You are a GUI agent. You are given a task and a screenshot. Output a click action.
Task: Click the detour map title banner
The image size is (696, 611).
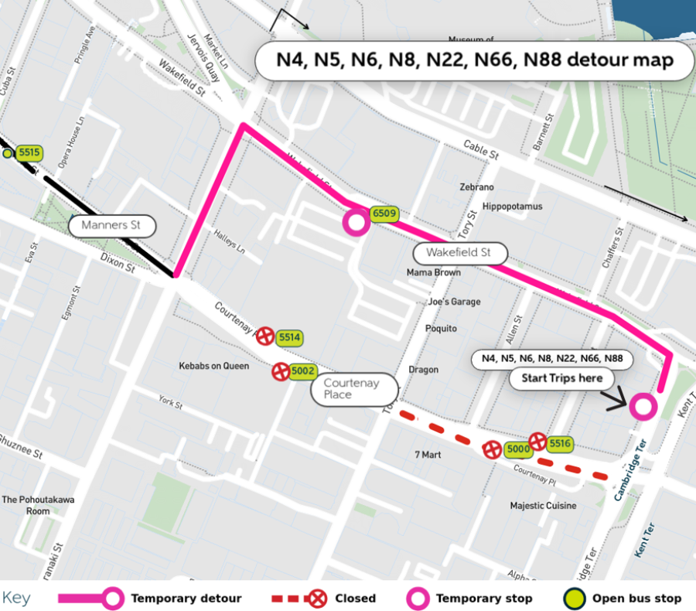coord(475,60)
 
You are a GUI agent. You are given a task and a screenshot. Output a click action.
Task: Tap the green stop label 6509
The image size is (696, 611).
coord(383,213)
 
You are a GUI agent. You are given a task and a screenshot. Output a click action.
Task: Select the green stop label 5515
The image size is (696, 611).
coord(29,153)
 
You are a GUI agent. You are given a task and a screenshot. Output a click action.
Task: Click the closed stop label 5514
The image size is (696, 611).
coord(289,337)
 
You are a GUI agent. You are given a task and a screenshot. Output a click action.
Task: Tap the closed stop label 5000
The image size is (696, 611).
coord(517,449)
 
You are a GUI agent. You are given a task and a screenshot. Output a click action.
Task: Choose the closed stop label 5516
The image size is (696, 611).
coord(560,443)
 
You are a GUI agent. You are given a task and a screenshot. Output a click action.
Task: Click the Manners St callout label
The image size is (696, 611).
coord(112,227)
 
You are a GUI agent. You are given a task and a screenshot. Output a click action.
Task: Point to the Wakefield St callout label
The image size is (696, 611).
coord(460,253)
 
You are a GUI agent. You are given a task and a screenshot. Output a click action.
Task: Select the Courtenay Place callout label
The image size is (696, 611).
coord(353,389)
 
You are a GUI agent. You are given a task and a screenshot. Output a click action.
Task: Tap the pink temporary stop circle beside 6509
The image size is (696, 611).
coord(356,224)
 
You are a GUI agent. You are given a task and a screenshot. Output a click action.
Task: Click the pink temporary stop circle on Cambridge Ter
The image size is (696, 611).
coord(643,406)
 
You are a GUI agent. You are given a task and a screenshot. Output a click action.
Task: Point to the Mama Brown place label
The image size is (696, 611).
coord(433,273)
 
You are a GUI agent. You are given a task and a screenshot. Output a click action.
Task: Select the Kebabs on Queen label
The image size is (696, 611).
coord(214,366)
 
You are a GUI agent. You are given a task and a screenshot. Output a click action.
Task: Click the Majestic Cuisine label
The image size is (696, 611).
coord(543,506)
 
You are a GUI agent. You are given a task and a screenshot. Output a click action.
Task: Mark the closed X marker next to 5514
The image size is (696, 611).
coord(265,336)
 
